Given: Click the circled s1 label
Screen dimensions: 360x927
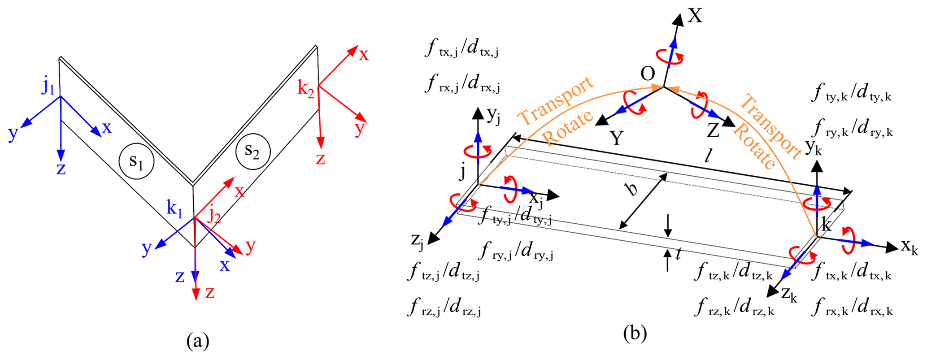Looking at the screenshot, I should [x=136, y=162].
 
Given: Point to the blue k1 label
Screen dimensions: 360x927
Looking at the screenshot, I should [x=174, y=208].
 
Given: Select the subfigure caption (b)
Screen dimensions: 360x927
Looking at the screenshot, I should [x=635, y=333].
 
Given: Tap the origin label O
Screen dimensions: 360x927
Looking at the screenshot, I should [x=648, y=74].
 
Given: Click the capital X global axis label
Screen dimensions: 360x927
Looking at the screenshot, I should [x=695, y=16].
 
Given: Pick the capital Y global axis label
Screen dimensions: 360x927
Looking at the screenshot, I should [x=617, y=139].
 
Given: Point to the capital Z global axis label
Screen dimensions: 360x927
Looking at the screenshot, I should [x=713, y=130].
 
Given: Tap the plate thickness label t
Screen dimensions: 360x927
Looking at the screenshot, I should [x=679, y=255].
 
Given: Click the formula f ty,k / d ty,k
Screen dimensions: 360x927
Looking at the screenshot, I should [x=851, y=95].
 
